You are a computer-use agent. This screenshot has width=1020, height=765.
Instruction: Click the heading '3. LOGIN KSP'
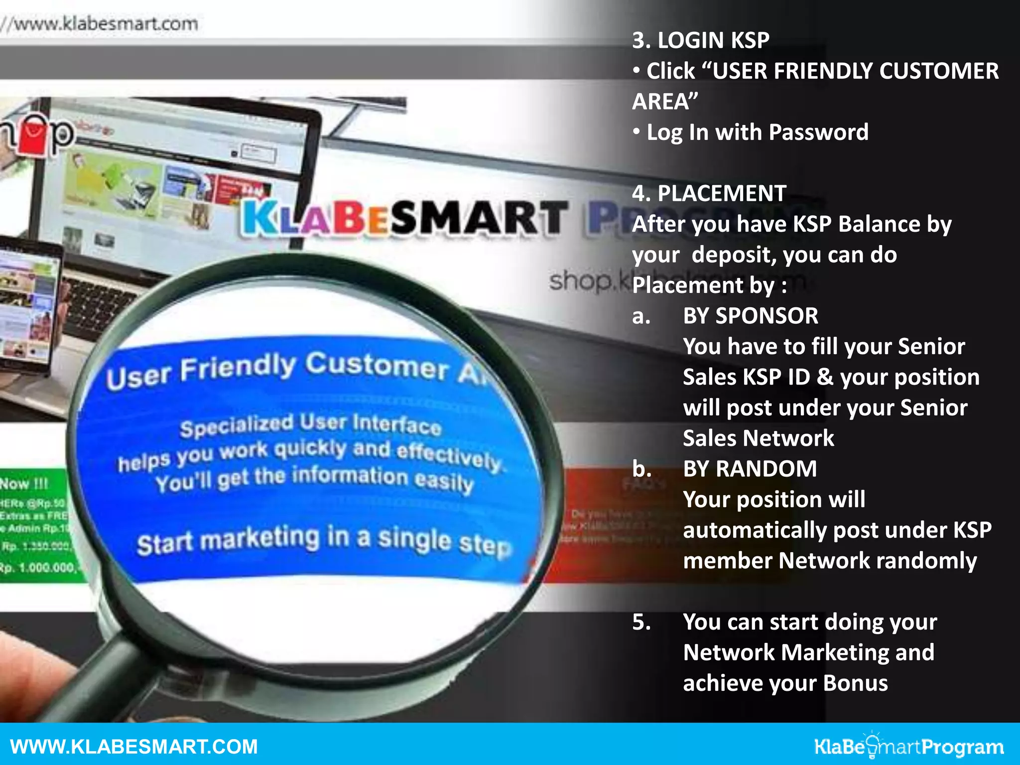coord(700,40)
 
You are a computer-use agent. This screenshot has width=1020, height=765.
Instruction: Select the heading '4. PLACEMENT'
coord(709,193)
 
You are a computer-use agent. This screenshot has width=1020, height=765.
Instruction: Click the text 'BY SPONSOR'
coord(750,316)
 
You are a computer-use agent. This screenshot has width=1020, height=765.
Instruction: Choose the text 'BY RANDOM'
coord(750,469)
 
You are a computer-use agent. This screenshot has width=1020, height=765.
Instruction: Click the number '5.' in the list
coord(641,622)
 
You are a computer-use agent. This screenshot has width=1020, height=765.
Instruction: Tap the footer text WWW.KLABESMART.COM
coord(133,747)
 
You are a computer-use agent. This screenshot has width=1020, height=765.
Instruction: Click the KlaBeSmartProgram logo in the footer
coord(908,747)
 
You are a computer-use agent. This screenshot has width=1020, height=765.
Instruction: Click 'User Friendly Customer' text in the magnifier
coord(279,369)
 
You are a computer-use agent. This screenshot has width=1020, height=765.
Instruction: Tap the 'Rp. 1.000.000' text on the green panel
coord(38,567)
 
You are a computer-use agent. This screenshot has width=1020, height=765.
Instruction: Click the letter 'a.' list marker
coord(641,316)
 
